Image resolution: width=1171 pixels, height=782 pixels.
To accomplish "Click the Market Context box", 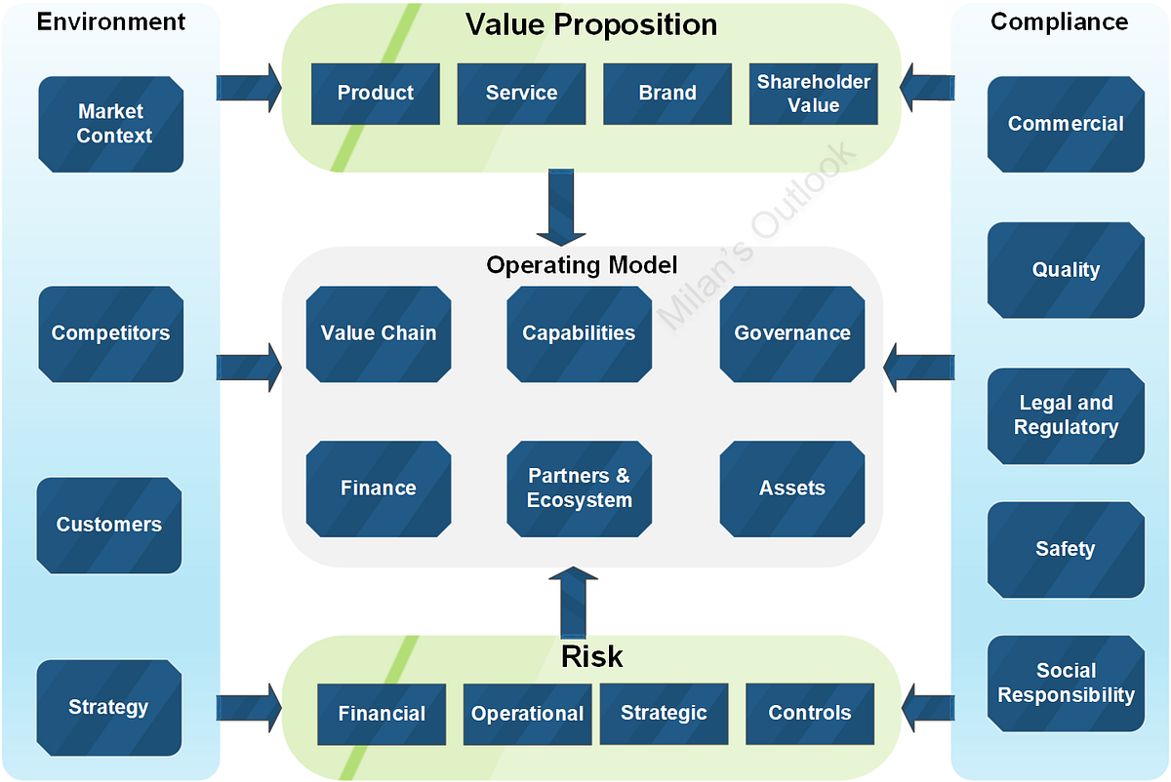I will [x=111, y=124].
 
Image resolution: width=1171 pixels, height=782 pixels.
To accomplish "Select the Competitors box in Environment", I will [x=111, y=333].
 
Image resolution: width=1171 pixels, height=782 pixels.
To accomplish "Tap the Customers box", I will [x=109, y=525].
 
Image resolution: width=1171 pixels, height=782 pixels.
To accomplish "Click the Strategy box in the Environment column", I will [x=109, y=707].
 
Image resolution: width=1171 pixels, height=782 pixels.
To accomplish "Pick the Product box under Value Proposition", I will [x=376, y=94].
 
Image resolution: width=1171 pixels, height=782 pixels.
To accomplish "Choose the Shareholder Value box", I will [x=813, y=94].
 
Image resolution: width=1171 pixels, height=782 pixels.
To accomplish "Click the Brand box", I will [x=667, y=94].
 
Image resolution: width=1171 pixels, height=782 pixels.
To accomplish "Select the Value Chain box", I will [x=379, y=333].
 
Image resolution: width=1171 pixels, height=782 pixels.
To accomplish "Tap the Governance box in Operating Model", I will [x=792, y=333].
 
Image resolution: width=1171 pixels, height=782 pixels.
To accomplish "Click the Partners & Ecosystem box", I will [x=580, y=489].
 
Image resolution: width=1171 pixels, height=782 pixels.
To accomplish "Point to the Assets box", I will [x=792, y=489].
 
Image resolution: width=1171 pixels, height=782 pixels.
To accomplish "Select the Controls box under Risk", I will [x=809, y=714].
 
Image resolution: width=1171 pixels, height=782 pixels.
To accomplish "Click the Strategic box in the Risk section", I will [x=664, y=714].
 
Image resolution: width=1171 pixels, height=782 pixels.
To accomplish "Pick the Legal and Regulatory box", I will [x=1066, y=415].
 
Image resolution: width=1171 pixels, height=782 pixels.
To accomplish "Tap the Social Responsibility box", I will [x=1066, y=684].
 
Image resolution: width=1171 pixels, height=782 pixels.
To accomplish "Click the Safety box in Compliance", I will [x=1066, y=550].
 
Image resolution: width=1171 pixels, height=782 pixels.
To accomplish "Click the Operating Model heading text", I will [x=582, y=265].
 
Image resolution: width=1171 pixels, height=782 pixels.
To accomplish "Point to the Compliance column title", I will [x=1059, y=21].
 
